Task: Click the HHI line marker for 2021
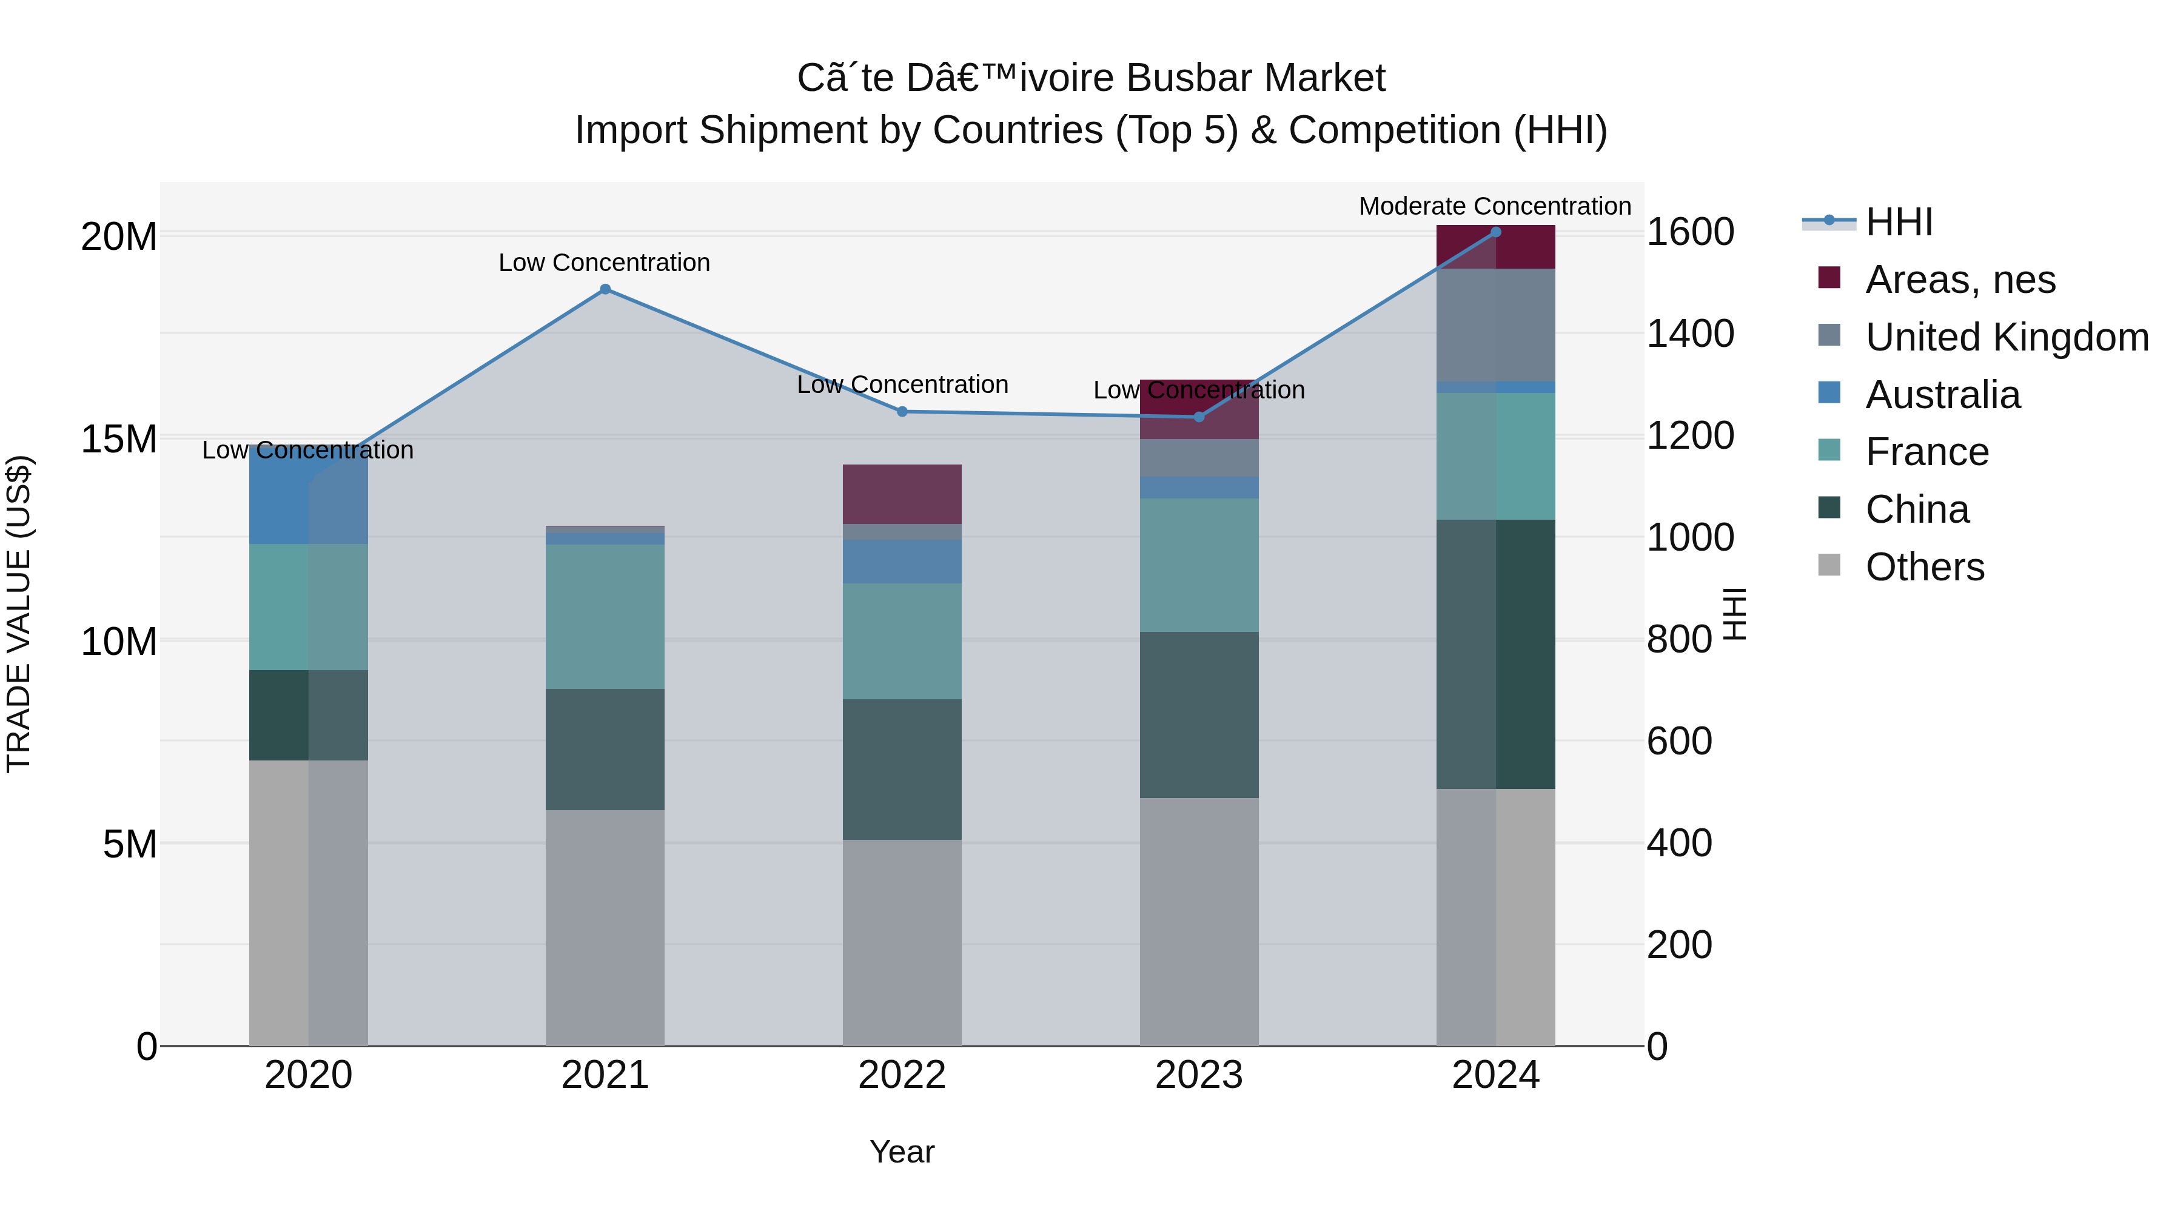[605, 289]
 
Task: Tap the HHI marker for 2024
[1496, 232]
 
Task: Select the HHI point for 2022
[902, 412]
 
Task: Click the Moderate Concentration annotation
[1495, 207]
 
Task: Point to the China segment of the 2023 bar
[1198, 714]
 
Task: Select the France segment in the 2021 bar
[605, 616]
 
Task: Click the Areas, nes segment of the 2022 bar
[902, 494]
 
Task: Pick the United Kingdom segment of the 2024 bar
[1496, 326]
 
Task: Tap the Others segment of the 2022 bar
[902, 942]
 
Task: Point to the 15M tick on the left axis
[119, 439]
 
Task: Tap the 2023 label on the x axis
[1198, 1075]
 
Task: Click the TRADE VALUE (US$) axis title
[19, 614]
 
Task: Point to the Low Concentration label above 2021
[604, 263]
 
